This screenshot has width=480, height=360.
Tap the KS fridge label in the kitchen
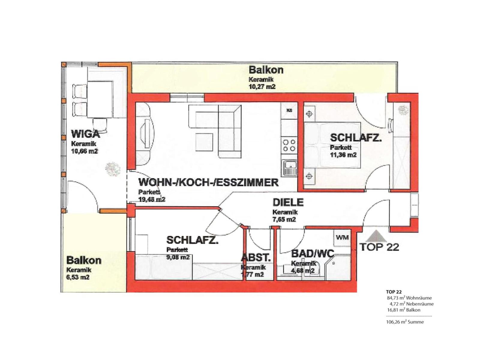coord(289,110)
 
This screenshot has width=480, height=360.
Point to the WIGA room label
coord(85,134)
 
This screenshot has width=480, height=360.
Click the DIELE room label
coord(288,202)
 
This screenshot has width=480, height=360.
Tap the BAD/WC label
coord(313,254)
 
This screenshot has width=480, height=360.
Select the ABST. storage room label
coord(256,258)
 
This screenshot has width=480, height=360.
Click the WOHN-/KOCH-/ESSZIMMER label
coord(208,182)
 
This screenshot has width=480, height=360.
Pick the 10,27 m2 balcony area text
coord(262,87)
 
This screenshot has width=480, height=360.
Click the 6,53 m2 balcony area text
coord(78,277)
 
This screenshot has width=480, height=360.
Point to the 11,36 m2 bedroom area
coord(343,155)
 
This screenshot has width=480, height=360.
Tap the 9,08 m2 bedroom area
coord(178,257)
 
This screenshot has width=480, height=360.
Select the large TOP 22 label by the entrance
coord(379,247)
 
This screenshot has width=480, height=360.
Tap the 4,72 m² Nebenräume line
coord(412,304)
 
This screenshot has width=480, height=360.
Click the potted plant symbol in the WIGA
coord(112,169)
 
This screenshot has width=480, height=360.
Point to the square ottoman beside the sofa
coord(204,142)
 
